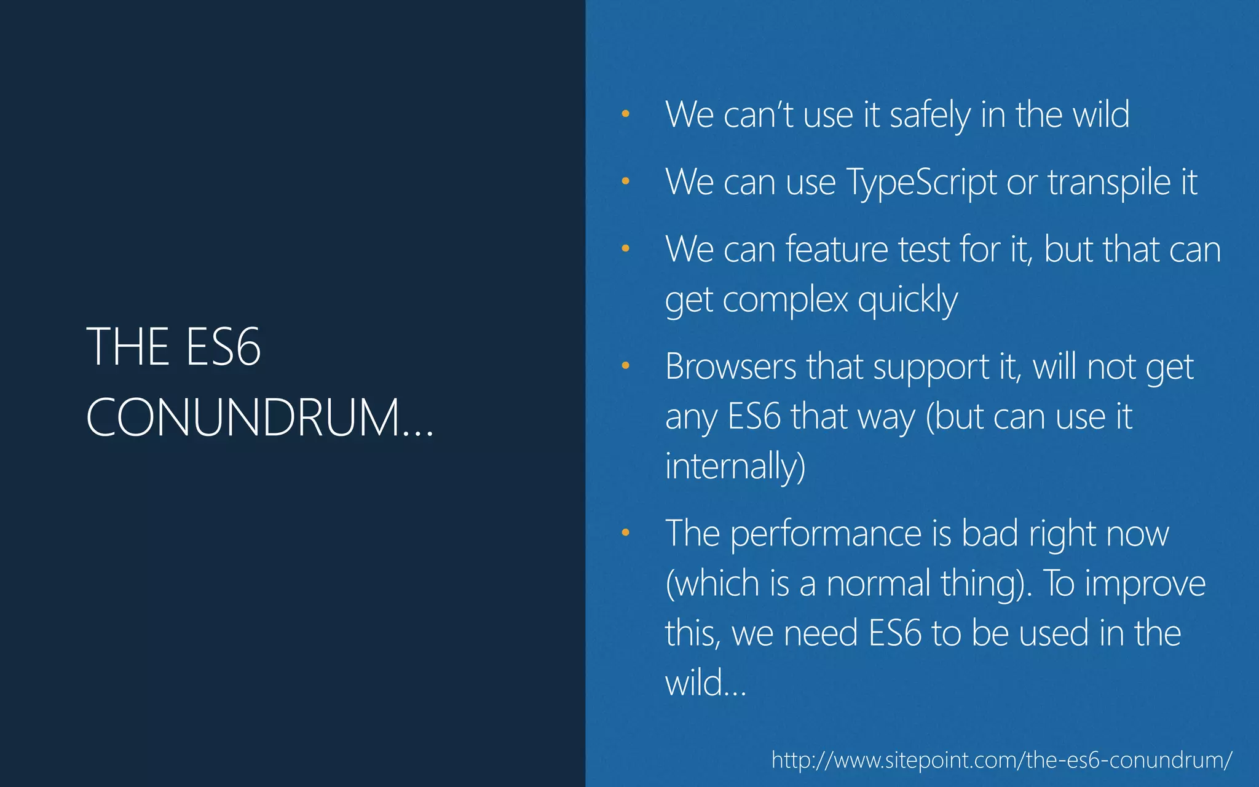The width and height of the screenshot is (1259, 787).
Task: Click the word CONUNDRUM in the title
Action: [244, 417]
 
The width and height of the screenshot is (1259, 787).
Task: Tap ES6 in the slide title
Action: [223, 347]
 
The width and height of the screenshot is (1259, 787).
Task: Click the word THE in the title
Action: [127, 347]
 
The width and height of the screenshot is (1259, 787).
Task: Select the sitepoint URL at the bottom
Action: [1001, 760]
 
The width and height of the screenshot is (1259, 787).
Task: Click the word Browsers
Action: [730, 367]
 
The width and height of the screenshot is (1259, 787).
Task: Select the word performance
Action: [825, 533]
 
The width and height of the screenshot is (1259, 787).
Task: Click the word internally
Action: [735, 465]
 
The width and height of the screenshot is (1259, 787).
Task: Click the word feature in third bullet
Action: [837, 250]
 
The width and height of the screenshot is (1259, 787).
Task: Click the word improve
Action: [1145, 583]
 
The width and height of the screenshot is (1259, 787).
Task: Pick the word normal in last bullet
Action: [878, 583]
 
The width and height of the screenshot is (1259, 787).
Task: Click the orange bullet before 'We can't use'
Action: [625, 114]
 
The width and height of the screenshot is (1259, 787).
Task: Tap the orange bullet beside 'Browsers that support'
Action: [625, 366]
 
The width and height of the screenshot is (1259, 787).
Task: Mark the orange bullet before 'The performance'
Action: [625, 532]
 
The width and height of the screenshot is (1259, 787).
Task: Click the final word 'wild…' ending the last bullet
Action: [705, 683]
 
